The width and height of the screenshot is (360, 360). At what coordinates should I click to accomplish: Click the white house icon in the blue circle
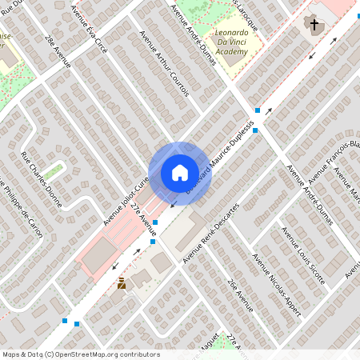pyautogui.click(x=179, y=173)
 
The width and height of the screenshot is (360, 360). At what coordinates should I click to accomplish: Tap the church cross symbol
pyautogui.click(x=315, y=26)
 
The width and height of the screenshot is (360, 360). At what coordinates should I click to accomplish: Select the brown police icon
pyautogui.click(x=122, y=284)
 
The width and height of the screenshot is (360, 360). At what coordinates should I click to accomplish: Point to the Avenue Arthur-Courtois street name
pyautogui.click(x=164, y=74)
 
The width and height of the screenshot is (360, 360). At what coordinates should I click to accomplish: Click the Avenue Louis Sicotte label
pyautogui.click(x=302, y=255)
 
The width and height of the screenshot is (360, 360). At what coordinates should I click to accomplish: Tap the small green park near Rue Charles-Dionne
pyautogui.click(x=54, y=170)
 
